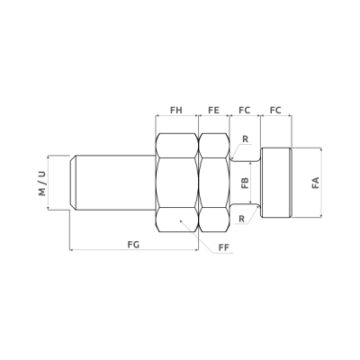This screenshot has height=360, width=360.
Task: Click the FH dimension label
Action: click(176, 110)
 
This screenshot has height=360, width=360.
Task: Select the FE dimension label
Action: click(213, 110)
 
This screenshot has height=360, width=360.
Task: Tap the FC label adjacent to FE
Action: click(245, 110)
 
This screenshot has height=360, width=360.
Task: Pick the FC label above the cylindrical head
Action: click(275, 110)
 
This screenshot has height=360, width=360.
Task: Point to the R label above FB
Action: click(246, 139)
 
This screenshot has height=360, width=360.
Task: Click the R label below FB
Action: click(241, 219)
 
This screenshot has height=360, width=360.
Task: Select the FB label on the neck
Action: click(245, 183)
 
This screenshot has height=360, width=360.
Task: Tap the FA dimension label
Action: click(315, 183)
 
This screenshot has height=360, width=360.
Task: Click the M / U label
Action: click(42, 184)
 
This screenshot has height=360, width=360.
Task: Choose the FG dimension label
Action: click(133, 245)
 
